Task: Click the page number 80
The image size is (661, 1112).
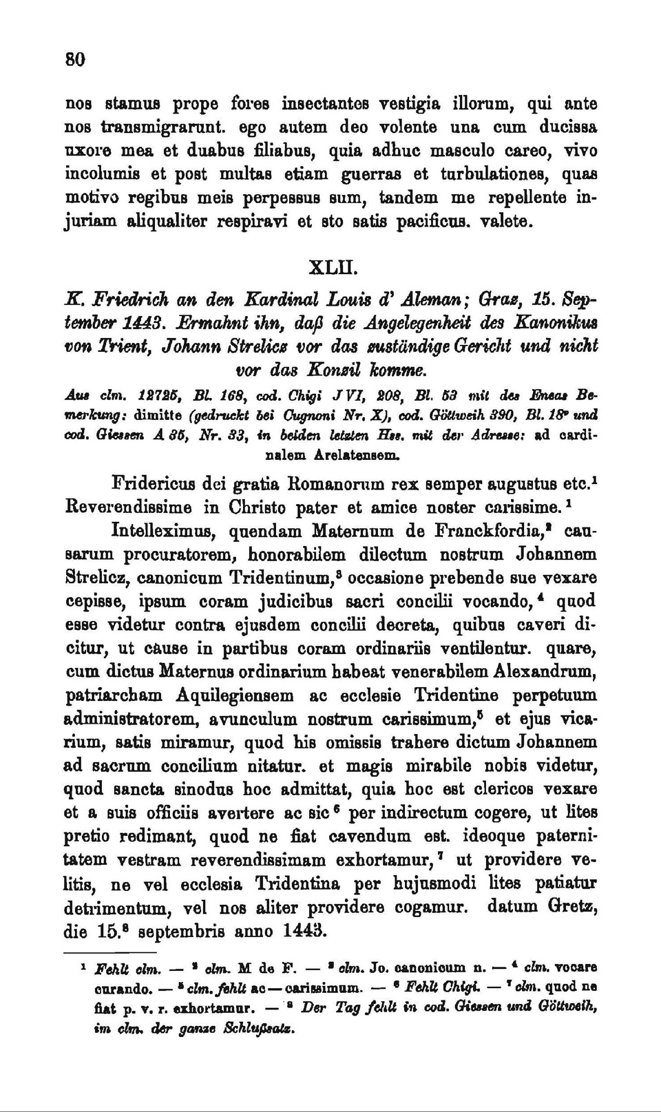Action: click(x=75, y=59)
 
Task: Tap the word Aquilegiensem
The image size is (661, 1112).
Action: click(x=235, y=695)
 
